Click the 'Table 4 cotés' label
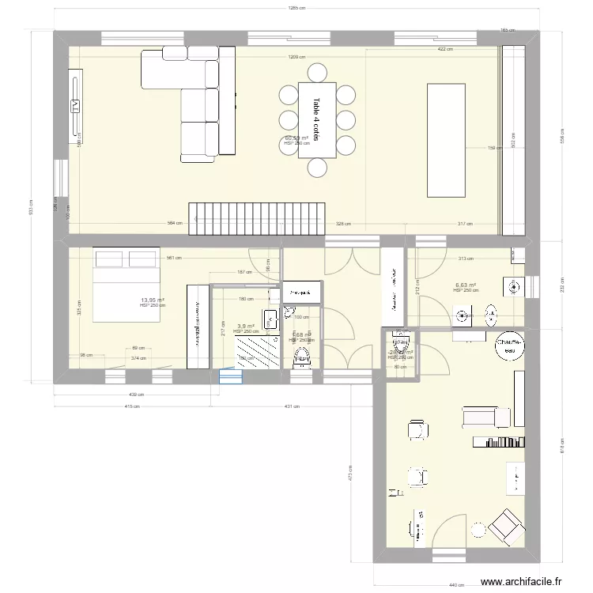tap(316, 119)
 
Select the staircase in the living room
tap(257, 217)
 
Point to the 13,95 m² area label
tap(152, 300)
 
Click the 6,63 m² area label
tap(465, 285)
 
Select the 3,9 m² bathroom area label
tap(246, 326)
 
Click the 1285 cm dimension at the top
tap(297, 9)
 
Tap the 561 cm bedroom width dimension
tap(171, 257)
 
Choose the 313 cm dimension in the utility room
tap(465, 259)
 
